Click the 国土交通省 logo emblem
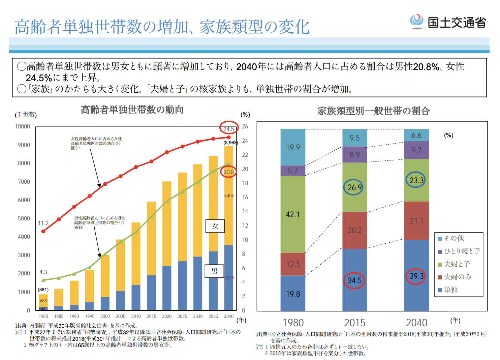417,22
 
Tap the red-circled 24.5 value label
229,129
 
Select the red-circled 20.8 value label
228,172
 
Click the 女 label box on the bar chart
215,226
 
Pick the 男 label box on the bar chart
214,271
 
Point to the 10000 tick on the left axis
23,126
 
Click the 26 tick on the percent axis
245,126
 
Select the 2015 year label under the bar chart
151,316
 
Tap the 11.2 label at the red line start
43,223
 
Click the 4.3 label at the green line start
43,272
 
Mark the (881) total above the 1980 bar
43,290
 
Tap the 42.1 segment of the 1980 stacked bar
293,214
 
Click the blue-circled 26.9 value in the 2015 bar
354,187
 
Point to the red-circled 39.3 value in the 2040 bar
416,276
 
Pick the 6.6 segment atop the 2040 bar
416,135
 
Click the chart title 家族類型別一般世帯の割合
374,111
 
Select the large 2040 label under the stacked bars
416,323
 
